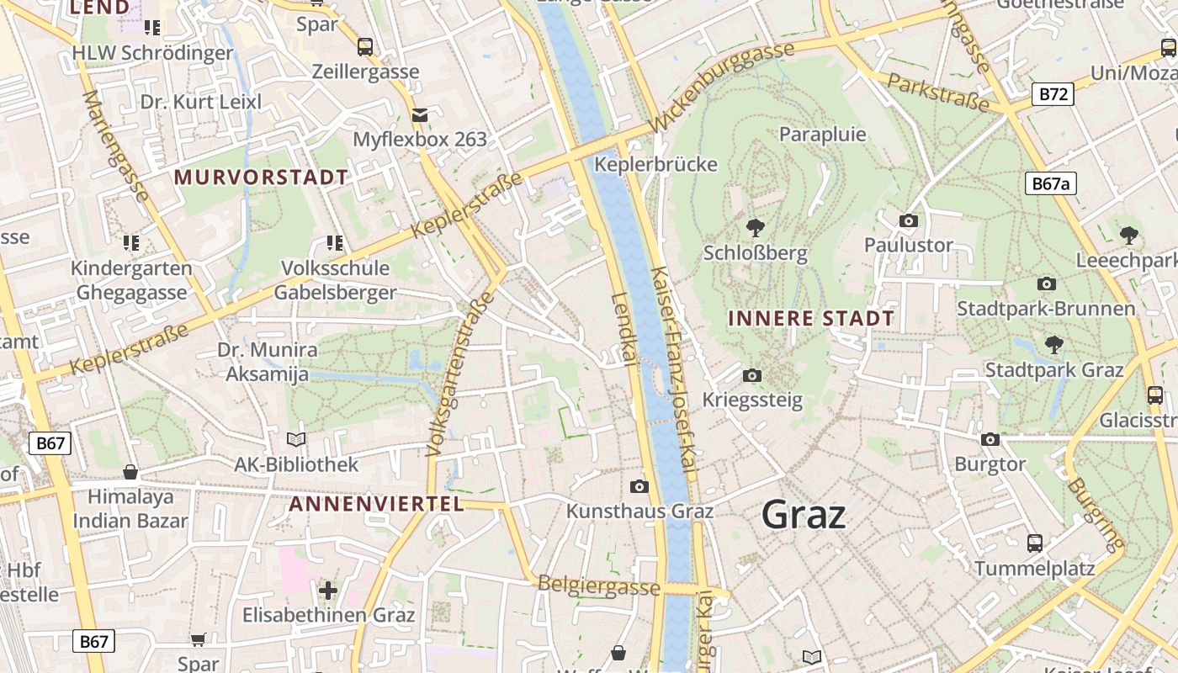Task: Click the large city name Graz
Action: coord(803,514)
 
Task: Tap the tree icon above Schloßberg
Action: coord(755,227)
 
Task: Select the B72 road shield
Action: coord(1053,94)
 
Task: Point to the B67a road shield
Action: coord(1052,183)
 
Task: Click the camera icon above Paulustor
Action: coord(908,221)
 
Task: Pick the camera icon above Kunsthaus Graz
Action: coord(639,486)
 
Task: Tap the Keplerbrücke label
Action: coord(655,164)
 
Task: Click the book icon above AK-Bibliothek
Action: coord(295,439)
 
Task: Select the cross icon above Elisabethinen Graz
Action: coord(328,591)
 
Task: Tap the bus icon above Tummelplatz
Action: coord(1034,543)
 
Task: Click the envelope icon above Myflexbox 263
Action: coord(419,114)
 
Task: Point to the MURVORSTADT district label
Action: coord(261,178)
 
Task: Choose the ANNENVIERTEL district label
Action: coord(376,504)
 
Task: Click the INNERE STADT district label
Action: coord(810,319)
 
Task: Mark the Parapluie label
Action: coord(822,135)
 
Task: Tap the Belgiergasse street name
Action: coord(598,586)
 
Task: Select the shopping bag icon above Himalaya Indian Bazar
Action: coord(130,471)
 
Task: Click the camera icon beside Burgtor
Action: coord(990,439)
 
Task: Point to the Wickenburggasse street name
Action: coord(723,87)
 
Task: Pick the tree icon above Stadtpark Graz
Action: coord(1053,344)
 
